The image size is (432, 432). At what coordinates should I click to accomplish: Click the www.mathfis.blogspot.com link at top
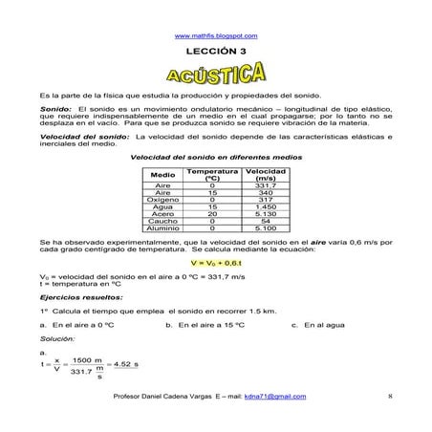pos(216,35)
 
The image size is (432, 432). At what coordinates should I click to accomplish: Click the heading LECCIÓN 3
pos(215,51)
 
